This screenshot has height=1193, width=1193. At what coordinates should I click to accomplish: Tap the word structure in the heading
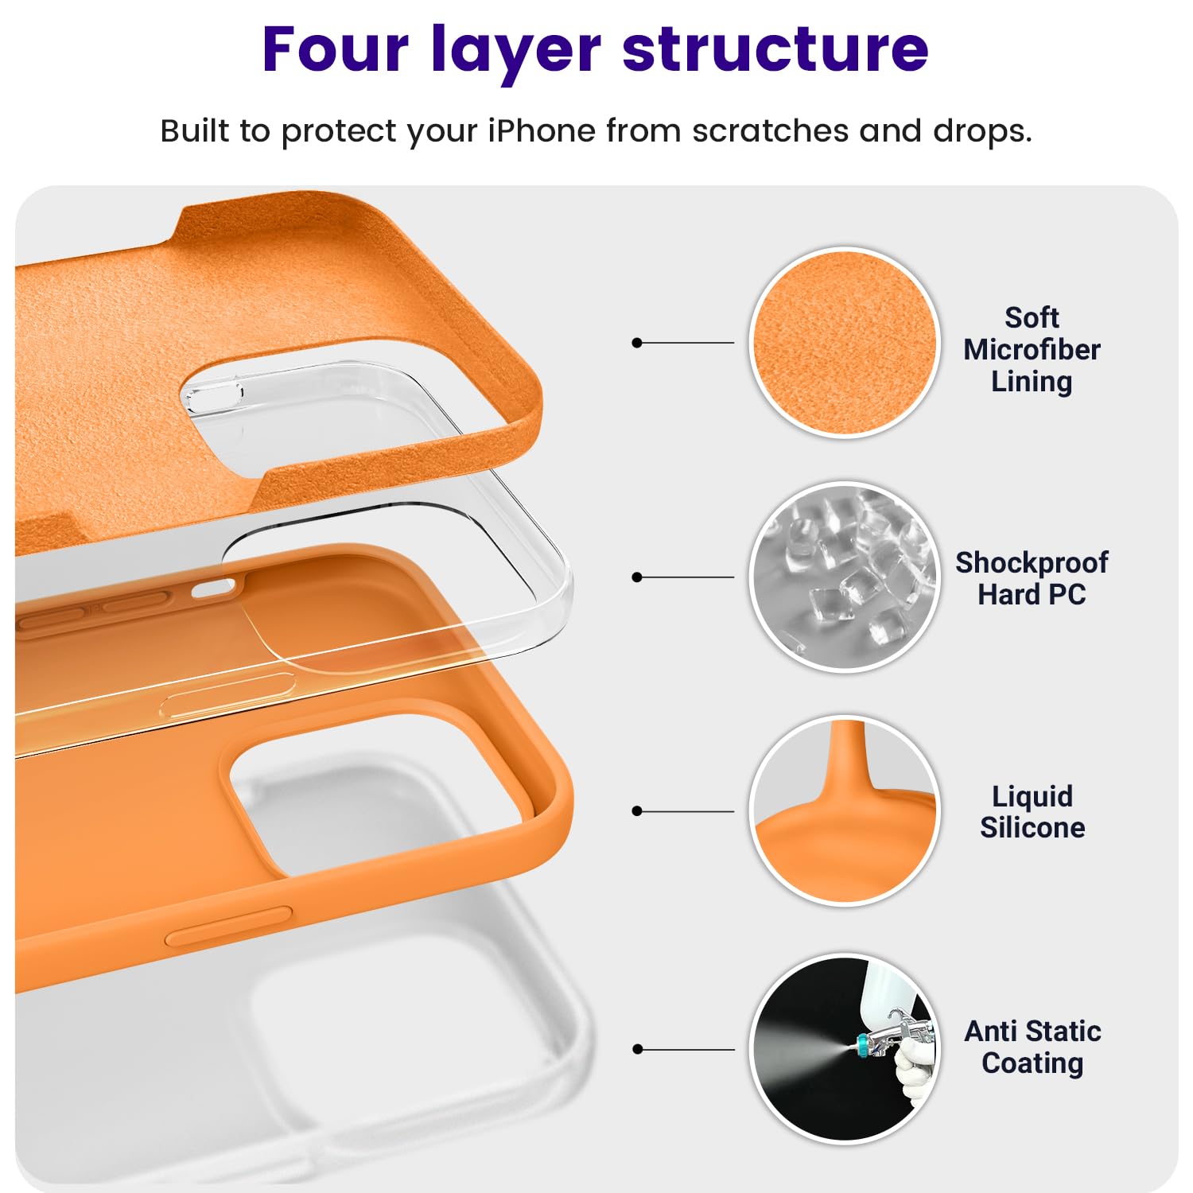tap(775, 49)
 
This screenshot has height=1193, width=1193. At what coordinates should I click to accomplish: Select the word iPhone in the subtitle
tap(541, 131)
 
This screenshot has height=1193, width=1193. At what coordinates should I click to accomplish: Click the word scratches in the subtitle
tap(770, 131)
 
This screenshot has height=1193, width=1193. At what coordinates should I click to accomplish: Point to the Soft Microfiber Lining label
tap(1032, 349)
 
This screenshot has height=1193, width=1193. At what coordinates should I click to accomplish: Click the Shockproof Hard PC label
tap(1032, 578)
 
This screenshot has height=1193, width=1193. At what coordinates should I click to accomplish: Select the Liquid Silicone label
tap(1032, 811)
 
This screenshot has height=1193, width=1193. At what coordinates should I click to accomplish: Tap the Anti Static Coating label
tap(1032, 1047)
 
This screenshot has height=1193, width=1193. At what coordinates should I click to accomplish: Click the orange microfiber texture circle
tap(845, 342)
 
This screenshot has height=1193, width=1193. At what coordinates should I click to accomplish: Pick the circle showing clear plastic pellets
tap(845, 577)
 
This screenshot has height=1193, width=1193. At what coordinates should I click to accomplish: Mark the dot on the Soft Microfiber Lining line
tap(636, 343)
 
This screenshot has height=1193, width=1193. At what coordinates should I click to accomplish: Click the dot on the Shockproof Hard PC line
tap(636, 577)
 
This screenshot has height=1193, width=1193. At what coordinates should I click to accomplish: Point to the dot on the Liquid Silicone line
tap(636, 811)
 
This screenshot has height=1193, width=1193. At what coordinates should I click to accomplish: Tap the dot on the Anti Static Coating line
tap(636, 1049)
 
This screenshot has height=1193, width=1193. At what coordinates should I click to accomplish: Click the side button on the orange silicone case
tap(228, 926)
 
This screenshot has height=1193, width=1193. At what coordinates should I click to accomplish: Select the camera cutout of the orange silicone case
tap(374, 795)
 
